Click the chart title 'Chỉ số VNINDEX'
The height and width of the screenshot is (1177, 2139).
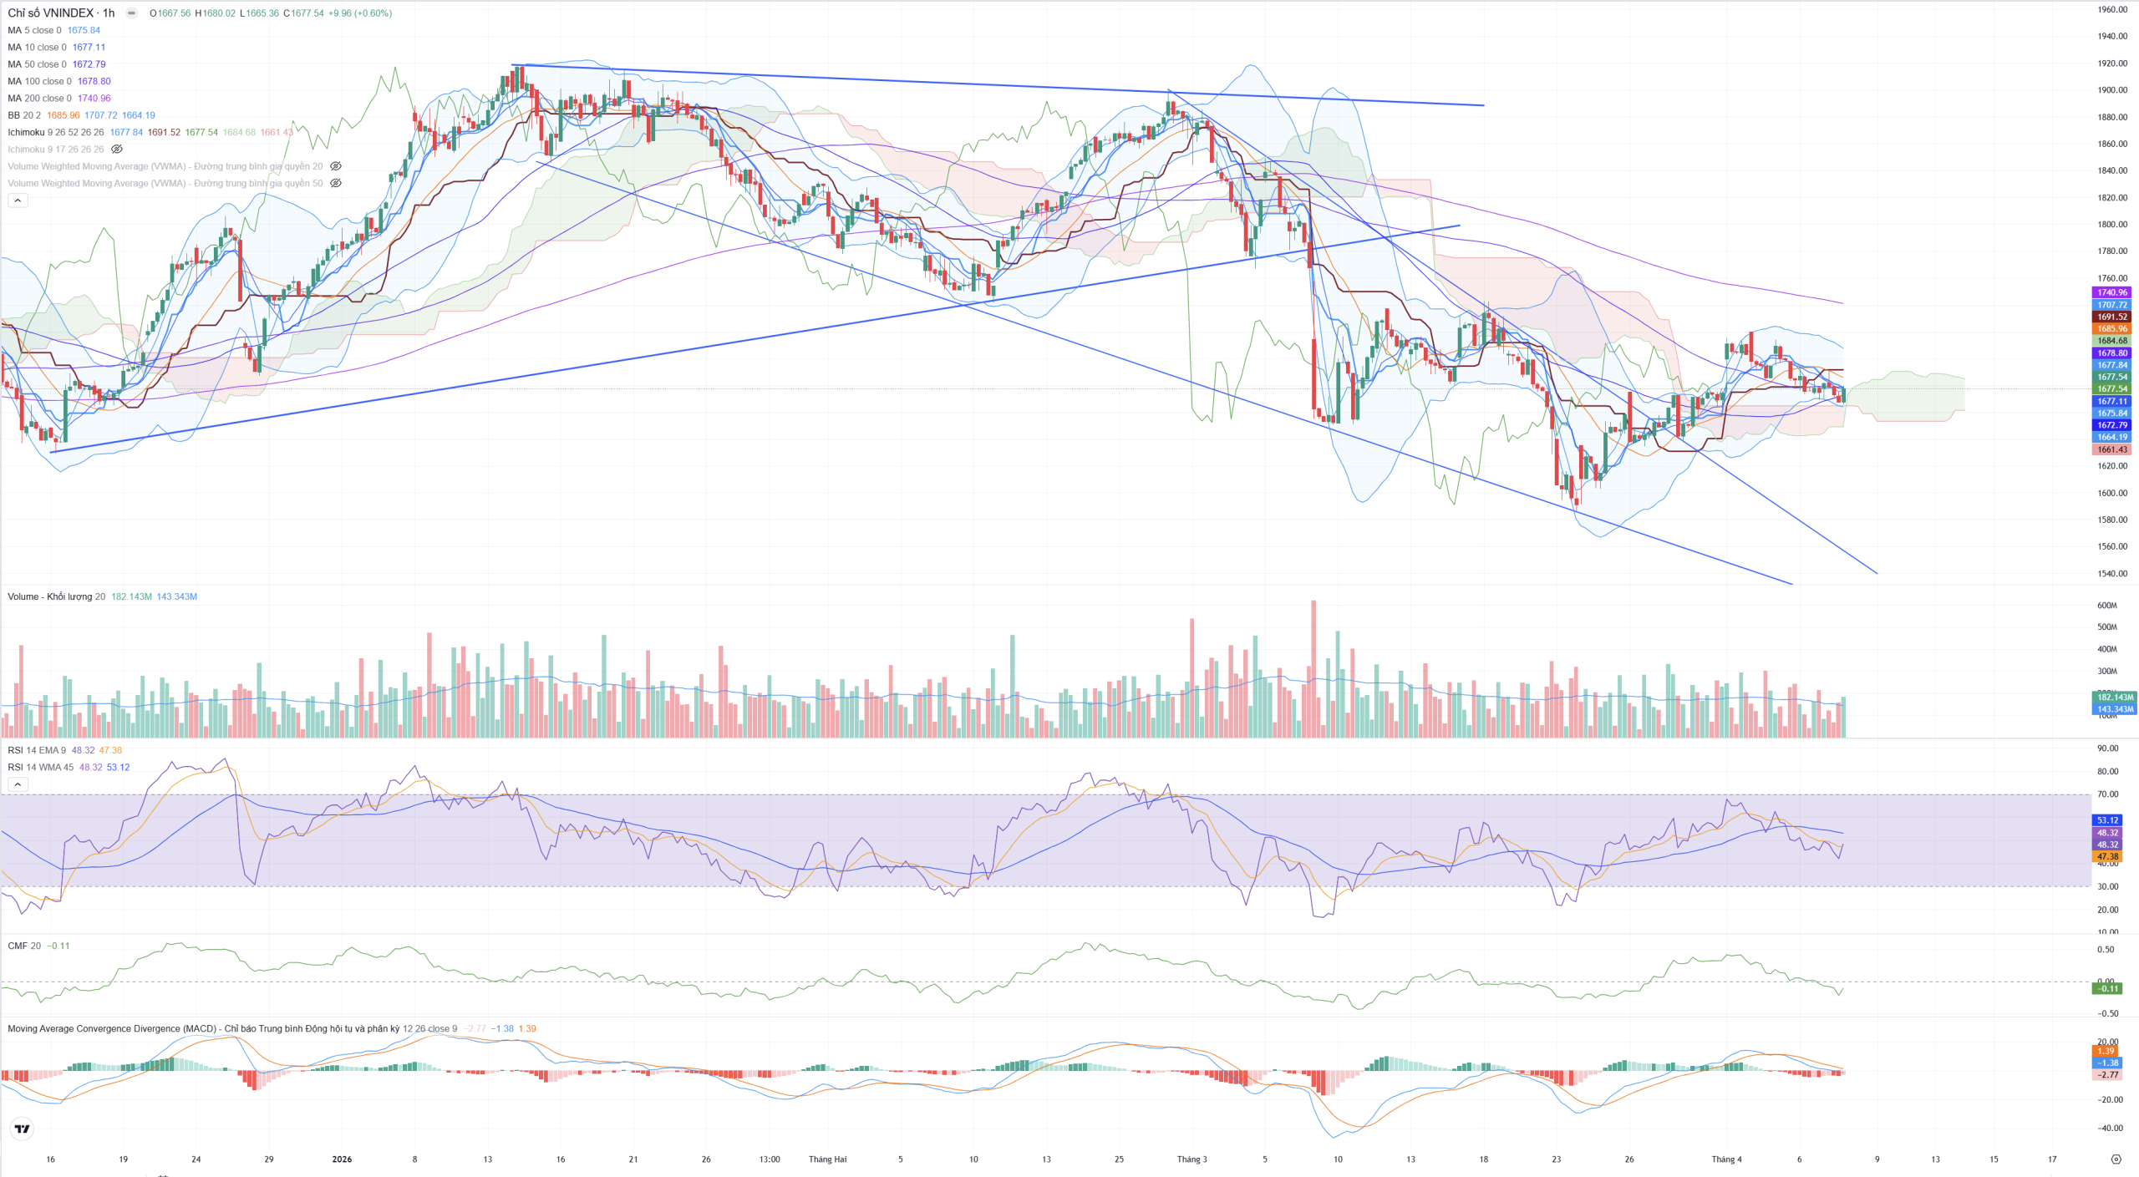click(50, 13)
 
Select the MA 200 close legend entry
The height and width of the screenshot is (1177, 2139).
click(39, 99)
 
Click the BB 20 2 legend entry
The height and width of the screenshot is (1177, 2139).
click(23, 115)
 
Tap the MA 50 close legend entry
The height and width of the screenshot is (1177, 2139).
click(37, 64)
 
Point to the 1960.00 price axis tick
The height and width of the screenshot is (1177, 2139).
click(2111, 10)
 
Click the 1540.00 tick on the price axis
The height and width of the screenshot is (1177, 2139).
click(2111, 574)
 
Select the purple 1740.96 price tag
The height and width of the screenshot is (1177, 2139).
click(2111, 292)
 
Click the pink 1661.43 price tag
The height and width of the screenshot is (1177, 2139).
click(2111, 449)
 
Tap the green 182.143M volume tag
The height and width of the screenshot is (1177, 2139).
click(2113, 697)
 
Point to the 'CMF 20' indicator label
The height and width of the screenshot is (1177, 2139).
click(23, 946)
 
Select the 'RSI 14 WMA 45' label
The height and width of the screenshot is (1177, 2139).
click(40, 767)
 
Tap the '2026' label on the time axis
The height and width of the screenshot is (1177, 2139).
click(342, 1159)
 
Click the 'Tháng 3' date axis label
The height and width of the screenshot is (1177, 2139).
click(1191, 1159)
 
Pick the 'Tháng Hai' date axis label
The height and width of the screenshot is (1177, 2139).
click(827, 1159)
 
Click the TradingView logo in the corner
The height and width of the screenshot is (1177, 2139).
click(23, 1129)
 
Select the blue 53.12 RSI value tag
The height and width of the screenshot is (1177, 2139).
click(2107, 820)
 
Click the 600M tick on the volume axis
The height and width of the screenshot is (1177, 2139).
click(2106, 606)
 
